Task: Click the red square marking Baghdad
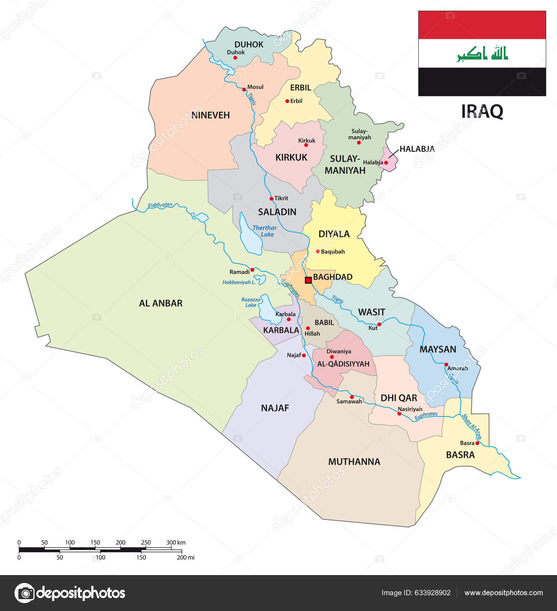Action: coord(308,280)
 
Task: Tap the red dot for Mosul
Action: coord(244,89)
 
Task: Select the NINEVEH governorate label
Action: coord(210,115)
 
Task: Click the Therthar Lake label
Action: coord(264,231)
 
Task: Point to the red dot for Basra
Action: coord(477,443)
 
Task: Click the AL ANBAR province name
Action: coord(161,303)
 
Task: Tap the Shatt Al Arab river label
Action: coord(471,427)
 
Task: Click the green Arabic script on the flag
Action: coord(482,54)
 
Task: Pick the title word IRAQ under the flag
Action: coord(482,111)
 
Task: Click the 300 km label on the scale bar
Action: coord(176,542)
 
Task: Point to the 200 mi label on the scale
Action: coord(185,557)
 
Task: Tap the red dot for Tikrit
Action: coord(271,199)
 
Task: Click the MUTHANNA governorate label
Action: coord(354,462)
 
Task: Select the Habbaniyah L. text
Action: coord(239,282)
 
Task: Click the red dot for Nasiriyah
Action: coord(399,414)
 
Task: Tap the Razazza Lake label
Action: coord(250,302)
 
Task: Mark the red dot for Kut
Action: coord(379,324)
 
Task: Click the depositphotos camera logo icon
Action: coord(25,593)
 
